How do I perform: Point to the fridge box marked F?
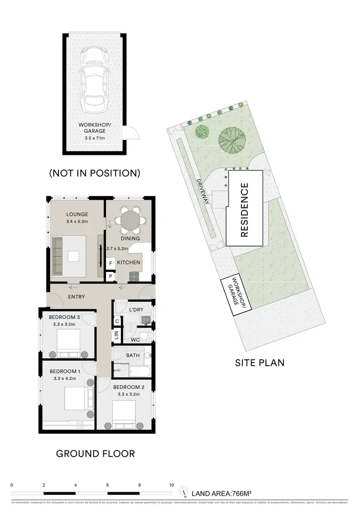(x=110, y=263)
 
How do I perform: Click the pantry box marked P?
(x=110, y=276)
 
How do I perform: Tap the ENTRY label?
(x=76, y=297)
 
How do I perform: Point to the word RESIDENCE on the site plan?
(x=244, y=210)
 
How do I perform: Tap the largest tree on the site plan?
(x=231, y=139)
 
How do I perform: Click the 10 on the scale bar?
(x=171, y=485)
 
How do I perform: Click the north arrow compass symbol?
(x=184, y=492)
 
